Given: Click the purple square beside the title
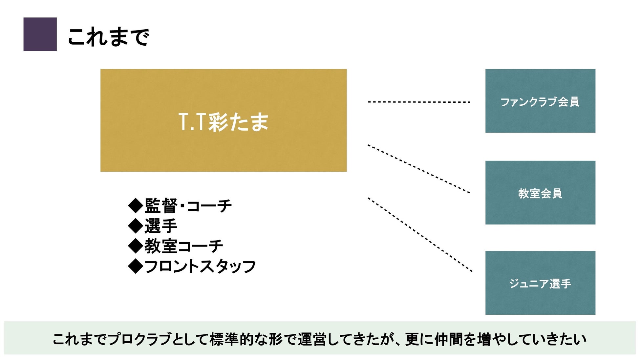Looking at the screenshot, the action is [x=40, y=34].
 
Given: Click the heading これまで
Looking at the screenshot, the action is [x=108, y=36].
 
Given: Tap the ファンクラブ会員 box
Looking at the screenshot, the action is [x=540, y=101].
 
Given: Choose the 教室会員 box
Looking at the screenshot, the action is [x=540, y=193].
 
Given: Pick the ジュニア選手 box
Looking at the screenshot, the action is [x=540, y=283].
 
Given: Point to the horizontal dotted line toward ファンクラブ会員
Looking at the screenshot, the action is [x=419, y=102].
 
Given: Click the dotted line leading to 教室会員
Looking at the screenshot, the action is [x=419, y=169].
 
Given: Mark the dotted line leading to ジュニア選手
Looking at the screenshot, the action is [x=420, y=235].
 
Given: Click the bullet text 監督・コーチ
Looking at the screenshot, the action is [x=188, y=206].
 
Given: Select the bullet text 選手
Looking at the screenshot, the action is [x=161, y=226].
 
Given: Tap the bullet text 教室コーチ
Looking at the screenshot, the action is [x=184, y=246].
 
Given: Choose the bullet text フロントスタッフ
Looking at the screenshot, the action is [x=200, y=266].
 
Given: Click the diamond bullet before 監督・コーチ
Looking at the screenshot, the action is [x=135, y=206].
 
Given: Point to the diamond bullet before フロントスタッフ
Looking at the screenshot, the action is [x=135, y=266].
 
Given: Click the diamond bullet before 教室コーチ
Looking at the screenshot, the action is [x=135, y=246].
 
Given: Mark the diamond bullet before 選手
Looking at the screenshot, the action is [x=135, y=226].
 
